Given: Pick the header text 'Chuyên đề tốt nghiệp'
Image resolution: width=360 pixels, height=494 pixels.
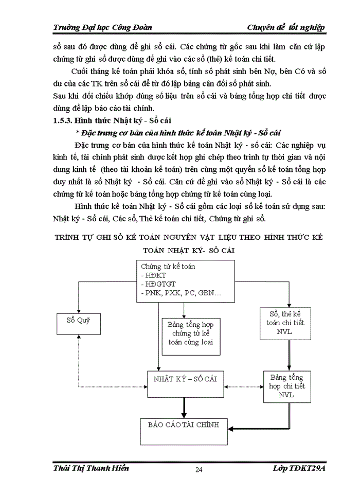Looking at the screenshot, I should pos(285,27).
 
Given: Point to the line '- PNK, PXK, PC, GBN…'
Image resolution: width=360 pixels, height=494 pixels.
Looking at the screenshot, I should pos(180,293).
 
